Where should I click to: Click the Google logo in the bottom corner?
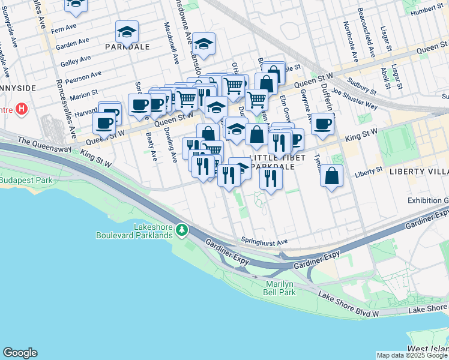(20, 353)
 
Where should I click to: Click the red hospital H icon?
(22, 109)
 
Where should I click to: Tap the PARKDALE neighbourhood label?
(127, 46)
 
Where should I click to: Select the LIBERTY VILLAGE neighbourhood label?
(419, 171)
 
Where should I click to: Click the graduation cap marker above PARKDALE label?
(127, 31)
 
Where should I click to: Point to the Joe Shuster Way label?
(354, 99)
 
